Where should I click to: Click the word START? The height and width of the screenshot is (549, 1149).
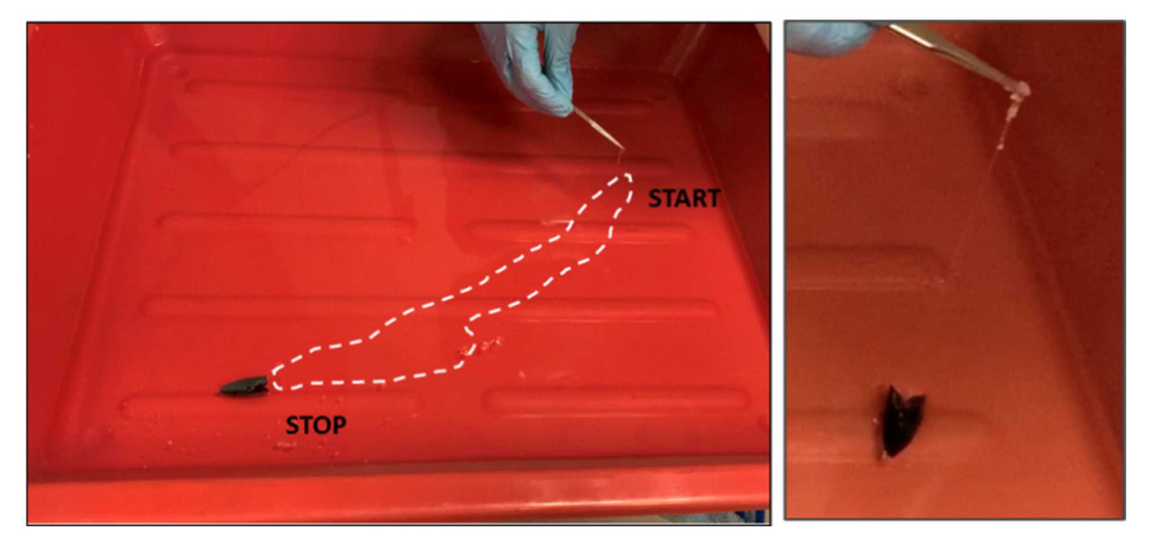pyautogui.click(x=684, y=199)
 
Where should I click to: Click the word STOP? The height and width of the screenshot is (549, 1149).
pyautogui.click(x=316, y=425)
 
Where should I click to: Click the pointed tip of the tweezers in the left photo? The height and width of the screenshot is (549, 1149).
pyautogui.click(x=623, y=149)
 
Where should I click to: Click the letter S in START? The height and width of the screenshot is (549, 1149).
pyautogui.click(x=655, y=199)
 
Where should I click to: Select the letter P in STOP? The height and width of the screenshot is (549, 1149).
pyautogui.click(x=339, y=425)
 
